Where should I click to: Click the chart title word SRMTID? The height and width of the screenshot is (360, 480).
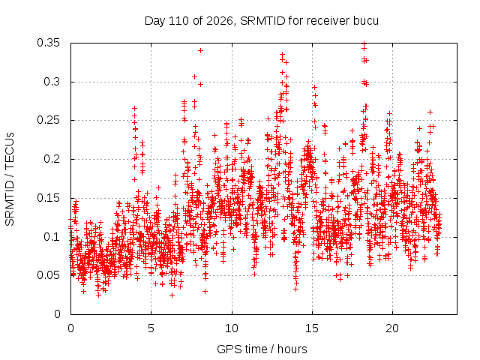point(262,21)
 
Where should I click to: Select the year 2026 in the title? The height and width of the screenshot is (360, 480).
point(220,21)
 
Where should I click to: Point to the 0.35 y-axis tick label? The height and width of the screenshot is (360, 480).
point(48,43)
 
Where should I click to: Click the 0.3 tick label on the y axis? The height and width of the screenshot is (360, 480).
point(52,82)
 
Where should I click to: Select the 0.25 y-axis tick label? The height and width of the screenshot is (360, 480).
point(48,120)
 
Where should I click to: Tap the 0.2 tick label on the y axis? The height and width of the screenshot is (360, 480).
point(52,159)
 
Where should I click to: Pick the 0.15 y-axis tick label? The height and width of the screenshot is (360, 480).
point(48,198)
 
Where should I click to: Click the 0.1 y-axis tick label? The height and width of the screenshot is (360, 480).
point(52,237)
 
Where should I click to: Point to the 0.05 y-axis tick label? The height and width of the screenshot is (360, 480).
point(48,275)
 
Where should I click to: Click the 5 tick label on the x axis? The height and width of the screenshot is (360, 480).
point(151,328)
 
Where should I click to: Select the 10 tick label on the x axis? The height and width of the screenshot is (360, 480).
point(232,328)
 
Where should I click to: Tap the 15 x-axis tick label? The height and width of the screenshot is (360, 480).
point(312,328)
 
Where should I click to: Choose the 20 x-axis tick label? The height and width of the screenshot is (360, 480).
point(392,328)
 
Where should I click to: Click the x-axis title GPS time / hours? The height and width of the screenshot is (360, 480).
point(262,349)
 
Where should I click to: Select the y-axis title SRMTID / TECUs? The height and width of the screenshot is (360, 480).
point(10,179)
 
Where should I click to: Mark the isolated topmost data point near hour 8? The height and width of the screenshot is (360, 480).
point(200,50)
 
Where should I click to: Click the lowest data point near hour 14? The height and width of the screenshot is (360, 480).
point(295,289)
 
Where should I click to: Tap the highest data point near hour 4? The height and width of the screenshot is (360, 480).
point(134,108)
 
